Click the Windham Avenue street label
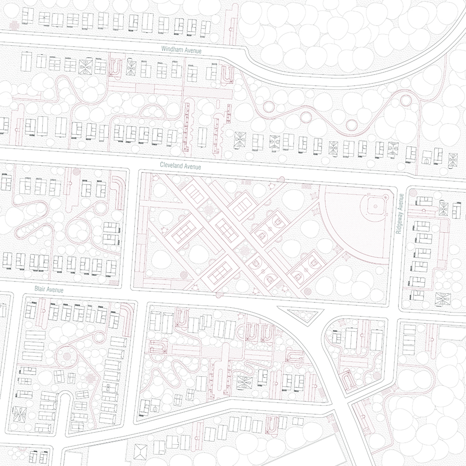pyautogui.click(x=181, y=50)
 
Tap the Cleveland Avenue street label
pyautogui.click(x=180, y=166)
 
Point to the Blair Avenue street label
pyautogui.click(x=48, y=289)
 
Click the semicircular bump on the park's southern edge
pyautogui.click(x=219, y=295)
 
